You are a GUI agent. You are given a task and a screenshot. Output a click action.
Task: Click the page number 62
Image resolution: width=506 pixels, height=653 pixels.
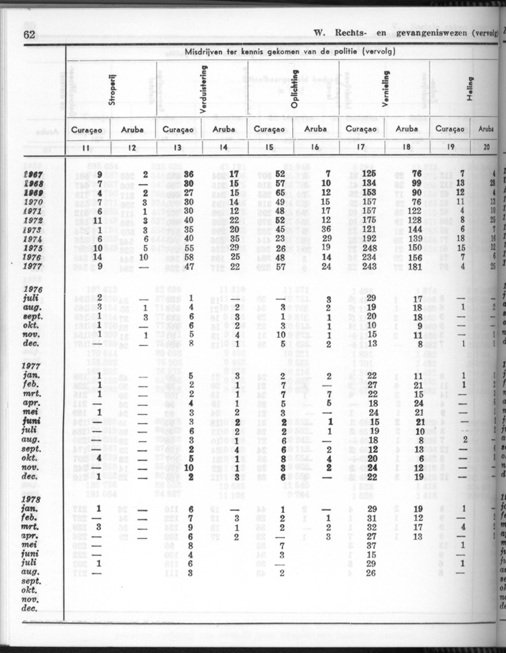[x=28, y=34]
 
